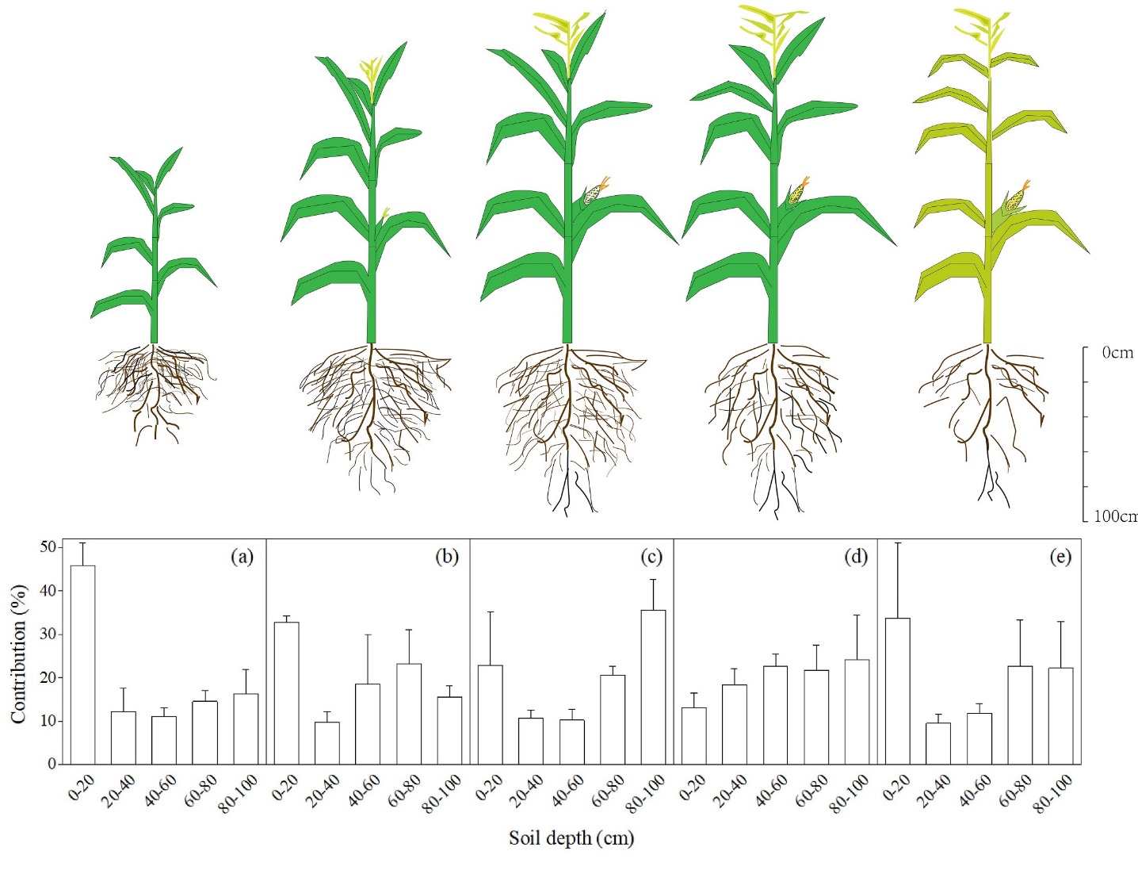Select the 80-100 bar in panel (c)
pyautogui.click(x=653, y=687)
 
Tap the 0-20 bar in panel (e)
pyautogui.click(x=897, y=691)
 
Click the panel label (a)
pyautogui.click(x=242, y=557)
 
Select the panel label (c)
pyautogui.click(x=651, y=557)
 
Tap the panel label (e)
pyautogui.click(x=1060, y=557)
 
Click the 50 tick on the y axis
pyautogui.click(x=48, y=547)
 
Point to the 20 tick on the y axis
pyautogui.click(x=48, y=678)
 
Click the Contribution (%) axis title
pyautogui.click(x=18, y=654)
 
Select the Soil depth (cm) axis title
pyautogui.click(x=571, y=837)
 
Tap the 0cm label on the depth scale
pyautogui.click(x=1117, y=353)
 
